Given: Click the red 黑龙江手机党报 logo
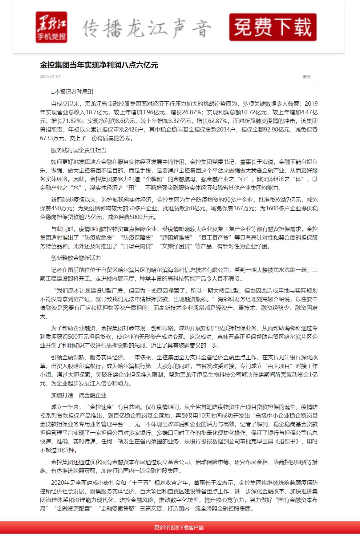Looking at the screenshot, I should [51, 27].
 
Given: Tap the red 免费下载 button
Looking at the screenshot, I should [273, 27].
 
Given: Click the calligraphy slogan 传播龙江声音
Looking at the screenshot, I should [147, 28].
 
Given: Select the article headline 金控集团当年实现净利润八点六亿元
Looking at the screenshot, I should [99, 65].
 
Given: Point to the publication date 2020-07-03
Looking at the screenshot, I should [50, 77].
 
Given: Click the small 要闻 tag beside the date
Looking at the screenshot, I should [307, 77].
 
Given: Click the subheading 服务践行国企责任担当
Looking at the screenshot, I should [79, 150].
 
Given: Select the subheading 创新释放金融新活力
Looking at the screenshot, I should [76, 258].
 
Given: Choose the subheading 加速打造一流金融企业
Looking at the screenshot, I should [79, 395].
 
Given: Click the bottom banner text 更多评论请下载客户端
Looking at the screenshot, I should [179, 528].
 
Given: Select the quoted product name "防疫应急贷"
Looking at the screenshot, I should [99, 238].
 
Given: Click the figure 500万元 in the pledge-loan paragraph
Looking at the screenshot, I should [78, 337].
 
